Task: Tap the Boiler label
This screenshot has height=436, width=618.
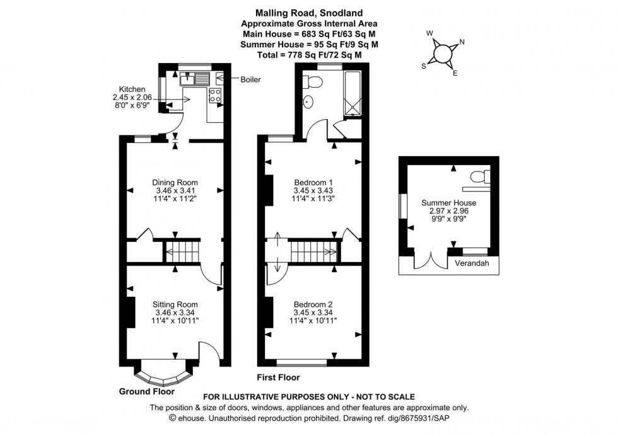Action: tap(250, 79)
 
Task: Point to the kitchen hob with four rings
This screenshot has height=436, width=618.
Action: tap(214, 96)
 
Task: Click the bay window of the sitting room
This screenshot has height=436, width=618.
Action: tap(164, 376)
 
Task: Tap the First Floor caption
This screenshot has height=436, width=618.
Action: tap(277, 377)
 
